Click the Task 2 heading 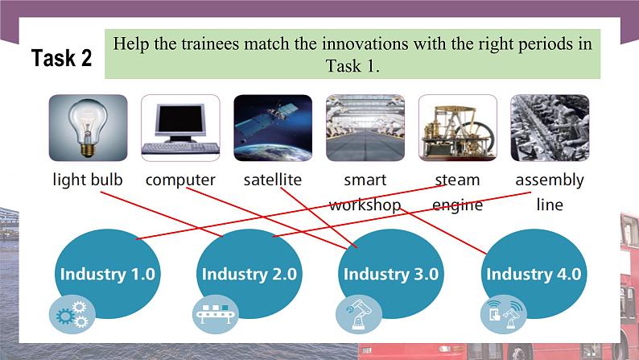pos(61,58)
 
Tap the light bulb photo pos(88,127)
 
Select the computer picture pos(180,127)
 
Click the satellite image pos(273,127)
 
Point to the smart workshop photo pos(365,127)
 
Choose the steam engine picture pos(457,127)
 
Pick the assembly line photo pos(550,127)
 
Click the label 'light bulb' pos(88,180)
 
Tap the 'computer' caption pos(180,180)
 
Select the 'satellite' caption pos(273,180)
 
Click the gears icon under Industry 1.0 pos(71,315)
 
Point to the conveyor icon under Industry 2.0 pos(215,315)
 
